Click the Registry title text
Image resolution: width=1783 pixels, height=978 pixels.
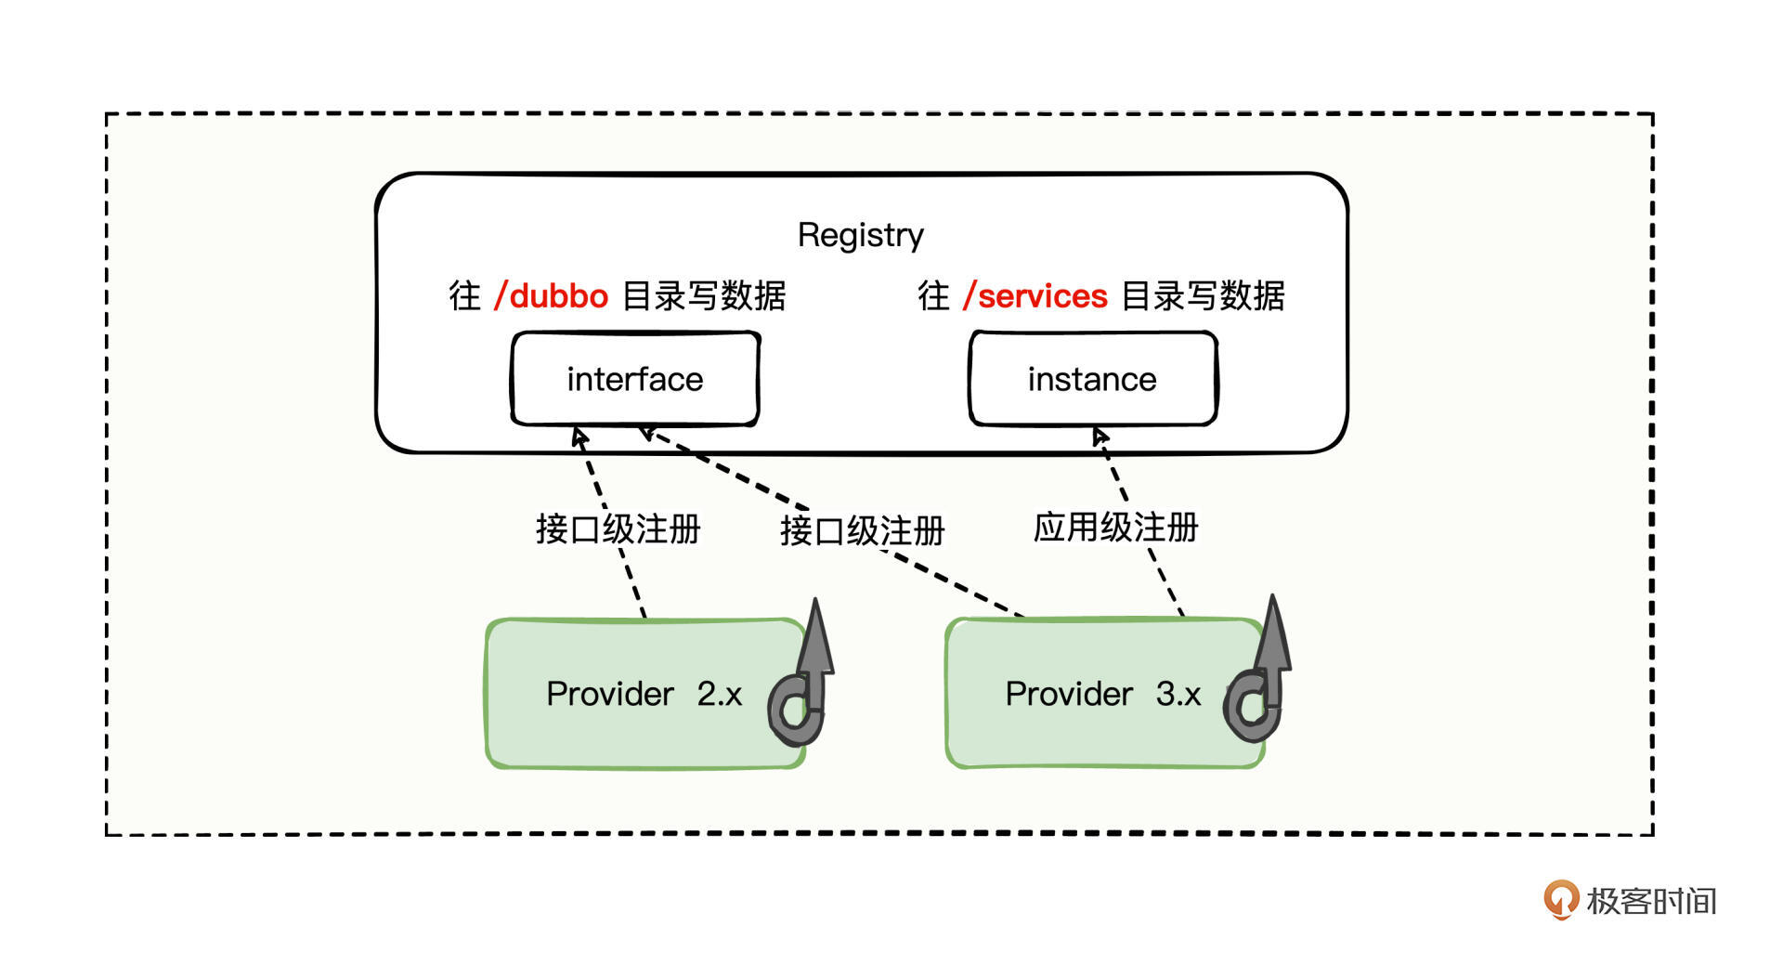(860, 235)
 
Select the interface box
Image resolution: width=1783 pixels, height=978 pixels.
(635, 379)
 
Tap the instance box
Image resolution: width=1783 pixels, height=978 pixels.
(1092, 379)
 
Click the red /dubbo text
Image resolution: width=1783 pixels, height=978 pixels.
(552, 296)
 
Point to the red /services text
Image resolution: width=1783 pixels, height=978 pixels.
(1035, 296)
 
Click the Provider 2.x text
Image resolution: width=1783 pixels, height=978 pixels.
(644, 694)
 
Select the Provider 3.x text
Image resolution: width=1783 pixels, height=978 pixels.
(1102, 694)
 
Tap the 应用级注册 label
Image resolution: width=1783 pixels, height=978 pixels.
(1115, 528)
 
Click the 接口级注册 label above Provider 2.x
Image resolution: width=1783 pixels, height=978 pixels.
(618, 529)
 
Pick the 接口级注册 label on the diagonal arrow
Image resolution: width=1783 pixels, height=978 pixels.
(862, 531)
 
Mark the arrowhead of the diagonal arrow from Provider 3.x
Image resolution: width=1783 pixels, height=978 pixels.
(647, 432)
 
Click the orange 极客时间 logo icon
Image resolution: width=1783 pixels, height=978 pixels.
(1560, 899)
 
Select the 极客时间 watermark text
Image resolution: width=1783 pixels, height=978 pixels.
(1651, 901)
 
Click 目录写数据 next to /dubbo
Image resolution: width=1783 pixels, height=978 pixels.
(704, 296)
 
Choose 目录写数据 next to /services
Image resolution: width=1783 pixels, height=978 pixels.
(1203, 296)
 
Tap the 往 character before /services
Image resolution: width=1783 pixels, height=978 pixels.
(933, 296)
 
